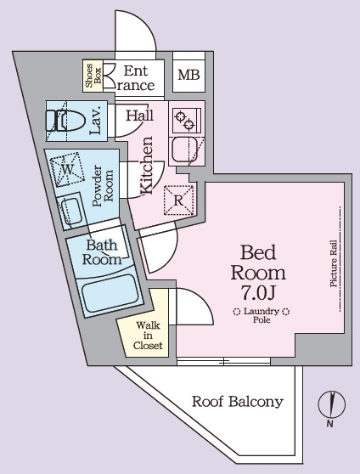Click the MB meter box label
189,75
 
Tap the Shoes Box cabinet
93,76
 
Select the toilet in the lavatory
65,121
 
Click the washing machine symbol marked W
67,170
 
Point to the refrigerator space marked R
179,200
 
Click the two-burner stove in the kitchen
185,121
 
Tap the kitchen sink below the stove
185,150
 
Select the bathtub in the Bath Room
110,294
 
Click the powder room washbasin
71,211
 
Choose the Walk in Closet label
148,336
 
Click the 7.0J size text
258,292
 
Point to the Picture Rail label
334,263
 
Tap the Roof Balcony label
238,402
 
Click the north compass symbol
332,404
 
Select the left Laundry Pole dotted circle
237,312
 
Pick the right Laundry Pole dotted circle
285,312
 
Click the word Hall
139,116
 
